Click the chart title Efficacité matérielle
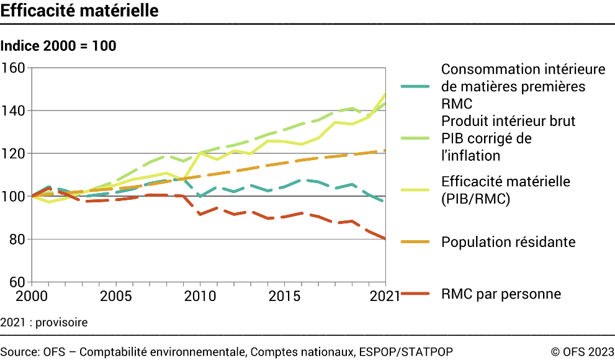pos(79,11)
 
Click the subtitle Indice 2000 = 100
pos(58,46)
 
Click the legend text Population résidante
pos(508,241)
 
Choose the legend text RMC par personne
pos(501,294)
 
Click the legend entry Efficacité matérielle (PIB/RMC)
pos(506,190)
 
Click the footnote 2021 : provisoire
pos(44,323)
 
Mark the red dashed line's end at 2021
pos(385,238)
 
